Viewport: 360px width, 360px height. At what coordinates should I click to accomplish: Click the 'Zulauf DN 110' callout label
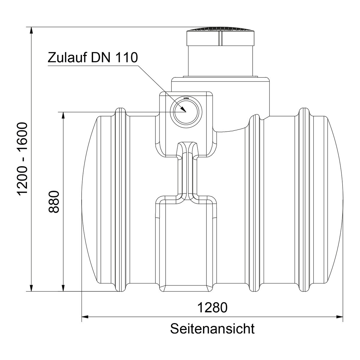click(93, 57)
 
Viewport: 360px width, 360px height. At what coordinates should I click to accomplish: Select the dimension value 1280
click(212, 307)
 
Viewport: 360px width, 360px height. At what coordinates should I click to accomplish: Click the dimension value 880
click(55, 201)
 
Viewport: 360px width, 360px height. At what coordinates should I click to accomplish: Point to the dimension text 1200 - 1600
click(23, 159)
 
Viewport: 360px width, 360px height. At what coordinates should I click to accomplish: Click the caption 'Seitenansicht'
click(212, 328)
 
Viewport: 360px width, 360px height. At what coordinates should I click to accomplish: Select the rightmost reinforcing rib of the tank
click(304, 199)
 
